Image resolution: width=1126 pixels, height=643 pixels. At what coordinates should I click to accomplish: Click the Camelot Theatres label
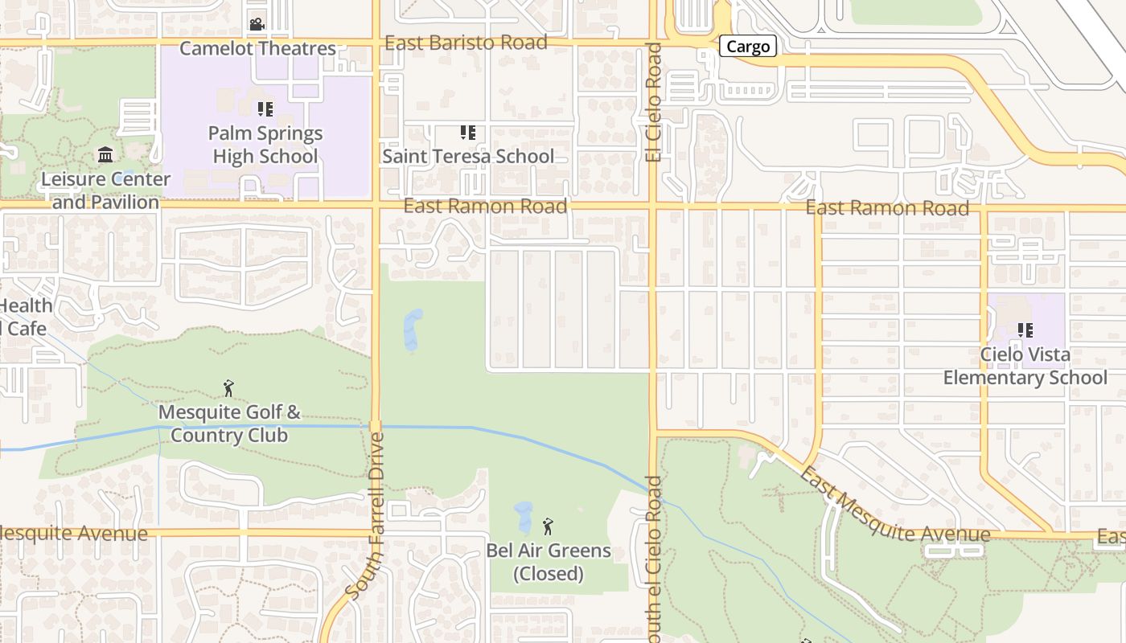[257, 48]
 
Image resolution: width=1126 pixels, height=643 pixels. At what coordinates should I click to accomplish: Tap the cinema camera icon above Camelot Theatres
[257, 24]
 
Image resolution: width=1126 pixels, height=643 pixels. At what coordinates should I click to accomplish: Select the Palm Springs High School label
[265, 145]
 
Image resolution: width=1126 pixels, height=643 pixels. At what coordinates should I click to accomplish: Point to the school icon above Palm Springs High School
[265, 109]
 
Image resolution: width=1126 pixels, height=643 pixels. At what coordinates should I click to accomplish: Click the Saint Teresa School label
[468, 156]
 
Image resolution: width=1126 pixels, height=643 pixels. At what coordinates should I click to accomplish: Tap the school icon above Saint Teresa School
[467, 132]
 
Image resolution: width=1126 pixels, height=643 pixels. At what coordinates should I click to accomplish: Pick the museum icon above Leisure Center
[105, 154]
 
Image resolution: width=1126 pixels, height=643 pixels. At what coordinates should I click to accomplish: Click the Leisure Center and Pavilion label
[105, 190]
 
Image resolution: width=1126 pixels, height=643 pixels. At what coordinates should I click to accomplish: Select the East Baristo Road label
[466, 43]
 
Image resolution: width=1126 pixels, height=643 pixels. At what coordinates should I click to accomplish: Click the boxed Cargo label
[748, 47]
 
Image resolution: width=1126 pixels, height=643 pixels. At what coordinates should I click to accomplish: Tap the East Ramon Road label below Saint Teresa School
[485, 207]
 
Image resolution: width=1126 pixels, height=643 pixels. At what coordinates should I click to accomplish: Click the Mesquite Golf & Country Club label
[229, 424]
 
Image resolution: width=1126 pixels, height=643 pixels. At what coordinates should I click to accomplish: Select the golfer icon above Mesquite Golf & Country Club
[228, 388]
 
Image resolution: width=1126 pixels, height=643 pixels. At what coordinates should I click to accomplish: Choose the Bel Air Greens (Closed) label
[549, 563]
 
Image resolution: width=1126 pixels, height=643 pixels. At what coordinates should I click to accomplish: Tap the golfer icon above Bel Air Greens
[549, 526]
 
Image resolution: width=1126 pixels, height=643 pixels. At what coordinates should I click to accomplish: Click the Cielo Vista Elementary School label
[1025, 366]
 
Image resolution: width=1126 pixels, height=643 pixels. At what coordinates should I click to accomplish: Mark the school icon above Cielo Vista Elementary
[1025, 330]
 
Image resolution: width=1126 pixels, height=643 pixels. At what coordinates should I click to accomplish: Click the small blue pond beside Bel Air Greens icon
[523, 516]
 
